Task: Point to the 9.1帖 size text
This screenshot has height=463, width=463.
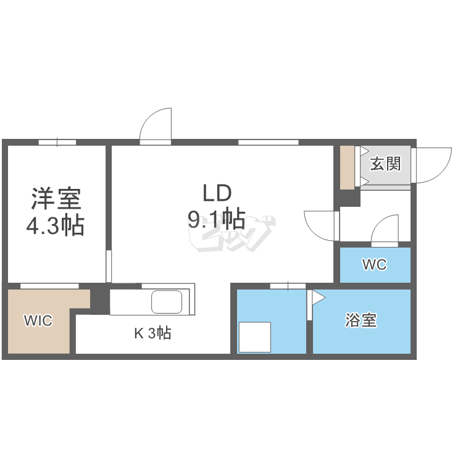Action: (216, 219)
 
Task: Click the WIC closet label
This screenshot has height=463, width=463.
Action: (38, 320)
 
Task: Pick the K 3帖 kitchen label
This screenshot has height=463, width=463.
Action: (152, 333)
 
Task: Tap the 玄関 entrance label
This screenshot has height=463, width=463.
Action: (385, 164)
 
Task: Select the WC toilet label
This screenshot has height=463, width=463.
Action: (374, 265)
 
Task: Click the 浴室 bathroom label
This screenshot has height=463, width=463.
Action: (361, 320)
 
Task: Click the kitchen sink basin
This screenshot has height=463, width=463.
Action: (167, 302)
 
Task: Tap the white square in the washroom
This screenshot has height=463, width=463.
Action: (255, 337)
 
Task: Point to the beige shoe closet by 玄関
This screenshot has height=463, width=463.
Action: (347, 167)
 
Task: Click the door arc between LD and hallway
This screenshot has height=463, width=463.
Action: (320, 225)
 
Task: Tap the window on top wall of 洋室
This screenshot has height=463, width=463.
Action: (57, 142)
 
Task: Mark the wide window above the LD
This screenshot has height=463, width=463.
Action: (268, 142)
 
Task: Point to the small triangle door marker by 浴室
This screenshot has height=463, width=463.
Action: (317, 298)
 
